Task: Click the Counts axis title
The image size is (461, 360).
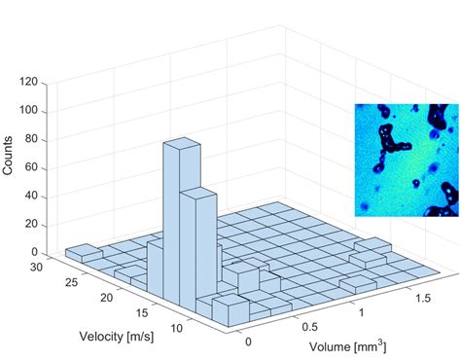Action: pyautogui.click(x=9, y=155)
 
